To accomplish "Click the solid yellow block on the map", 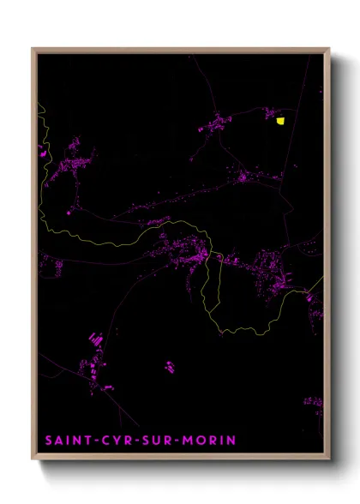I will point(280,121).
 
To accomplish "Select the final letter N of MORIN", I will point(231,441).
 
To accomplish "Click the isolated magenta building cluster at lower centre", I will point(170,368).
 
